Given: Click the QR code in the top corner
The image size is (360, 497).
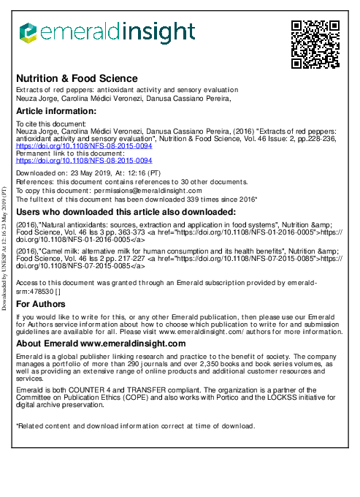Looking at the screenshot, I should (315, 45).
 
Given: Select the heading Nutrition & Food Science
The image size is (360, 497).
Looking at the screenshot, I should (77, 78).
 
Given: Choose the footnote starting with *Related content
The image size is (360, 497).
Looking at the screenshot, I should (135, 426).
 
